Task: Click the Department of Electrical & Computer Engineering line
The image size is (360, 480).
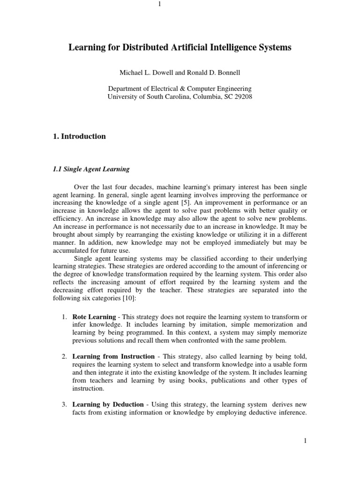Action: [x=180, y=89]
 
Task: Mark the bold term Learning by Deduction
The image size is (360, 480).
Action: [x=104, y=404]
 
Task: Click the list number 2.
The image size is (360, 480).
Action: [x=64, y=357]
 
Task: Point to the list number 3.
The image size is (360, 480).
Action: [x=64, y=404]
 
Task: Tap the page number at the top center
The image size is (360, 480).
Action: [x=160, y=5]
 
